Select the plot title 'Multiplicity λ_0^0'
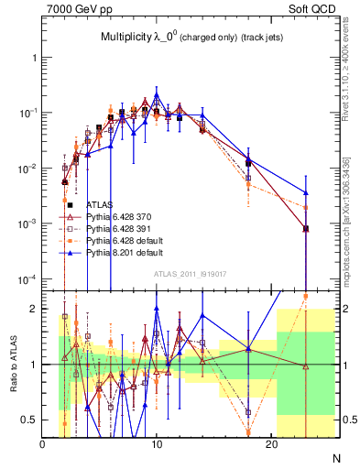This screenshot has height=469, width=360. [137, 38]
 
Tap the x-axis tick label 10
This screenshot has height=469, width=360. [157, 444]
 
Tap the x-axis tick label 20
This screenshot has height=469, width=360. [271, 444]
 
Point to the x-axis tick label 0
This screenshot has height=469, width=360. [43, 444]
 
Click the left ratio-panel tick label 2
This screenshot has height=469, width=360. [34, 309]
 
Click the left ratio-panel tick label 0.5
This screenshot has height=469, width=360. [29, 420]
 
